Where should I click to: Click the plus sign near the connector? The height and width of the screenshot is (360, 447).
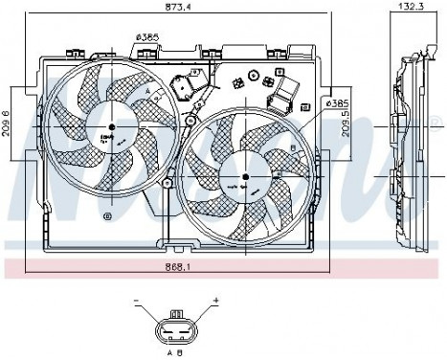click(x=216, y=300)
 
